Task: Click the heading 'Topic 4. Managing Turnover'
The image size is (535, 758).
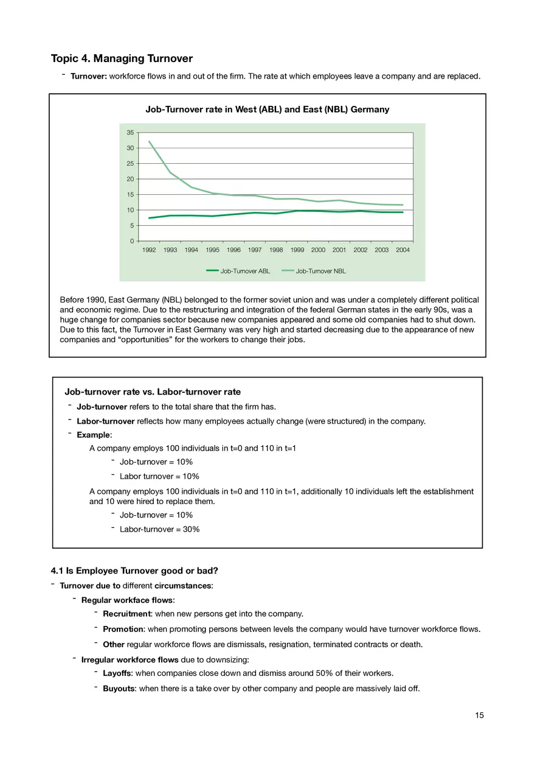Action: pos(122,58)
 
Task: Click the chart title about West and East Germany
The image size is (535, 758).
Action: pos(267,110)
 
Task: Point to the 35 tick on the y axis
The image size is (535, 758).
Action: pos(130,133)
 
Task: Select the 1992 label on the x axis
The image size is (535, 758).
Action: pos(149,250)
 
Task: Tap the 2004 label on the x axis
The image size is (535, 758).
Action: pos(402,250)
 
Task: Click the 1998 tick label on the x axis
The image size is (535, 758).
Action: pos(275,250)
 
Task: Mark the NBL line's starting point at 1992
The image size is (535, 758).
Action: pos(149,141)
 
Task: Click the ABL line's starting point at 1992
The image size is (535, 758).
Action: pos(149,218)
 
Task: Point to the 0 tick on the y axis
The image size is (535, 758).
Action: pos(132,241)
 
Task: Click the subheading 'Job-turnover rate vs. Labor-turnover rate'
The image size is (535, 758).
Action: pos(153,391)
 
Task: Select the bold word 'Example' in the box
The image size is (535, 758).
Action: pos(94,435)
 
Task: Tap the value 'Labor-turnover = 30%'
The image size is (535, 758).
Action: pos(159,529)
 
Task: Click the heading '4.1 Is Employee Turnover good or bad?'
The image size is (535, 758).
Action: pos(134,570)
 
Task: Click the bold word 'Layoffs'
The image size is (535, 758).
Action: pos(117,673)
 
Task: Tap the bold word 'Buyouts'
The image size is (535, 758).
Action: pos(119,689)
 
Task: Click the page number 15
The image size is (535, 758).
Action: pos(480,715)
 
